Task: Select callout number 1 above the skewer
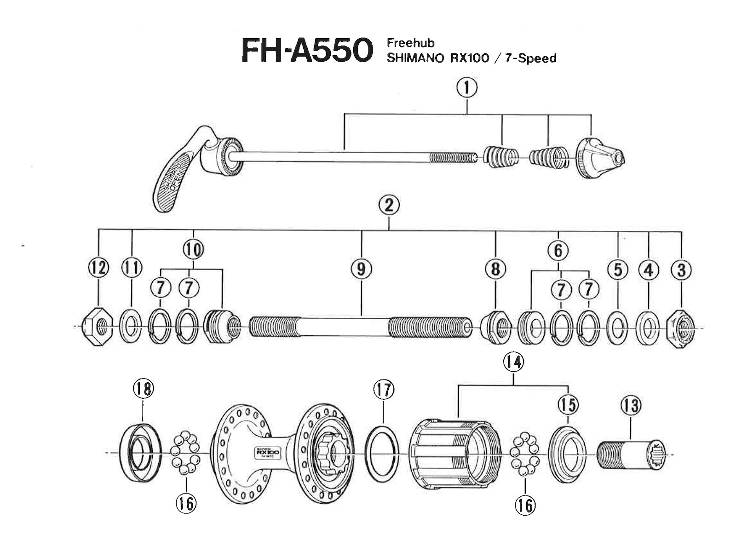coord(467,88)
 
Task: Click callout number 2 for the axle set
coord(389,205)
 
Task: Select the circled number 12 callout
coord(99,268)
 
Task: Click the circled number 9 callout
coord(361,269)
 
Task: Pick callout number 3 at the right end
coord(681,270)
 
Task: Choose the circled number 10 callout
coord(193,250)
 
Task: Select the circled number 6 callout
coord(558,250)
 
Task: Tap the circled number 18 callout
coord(143,389)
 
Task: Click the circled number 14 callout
coord(513,362)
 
